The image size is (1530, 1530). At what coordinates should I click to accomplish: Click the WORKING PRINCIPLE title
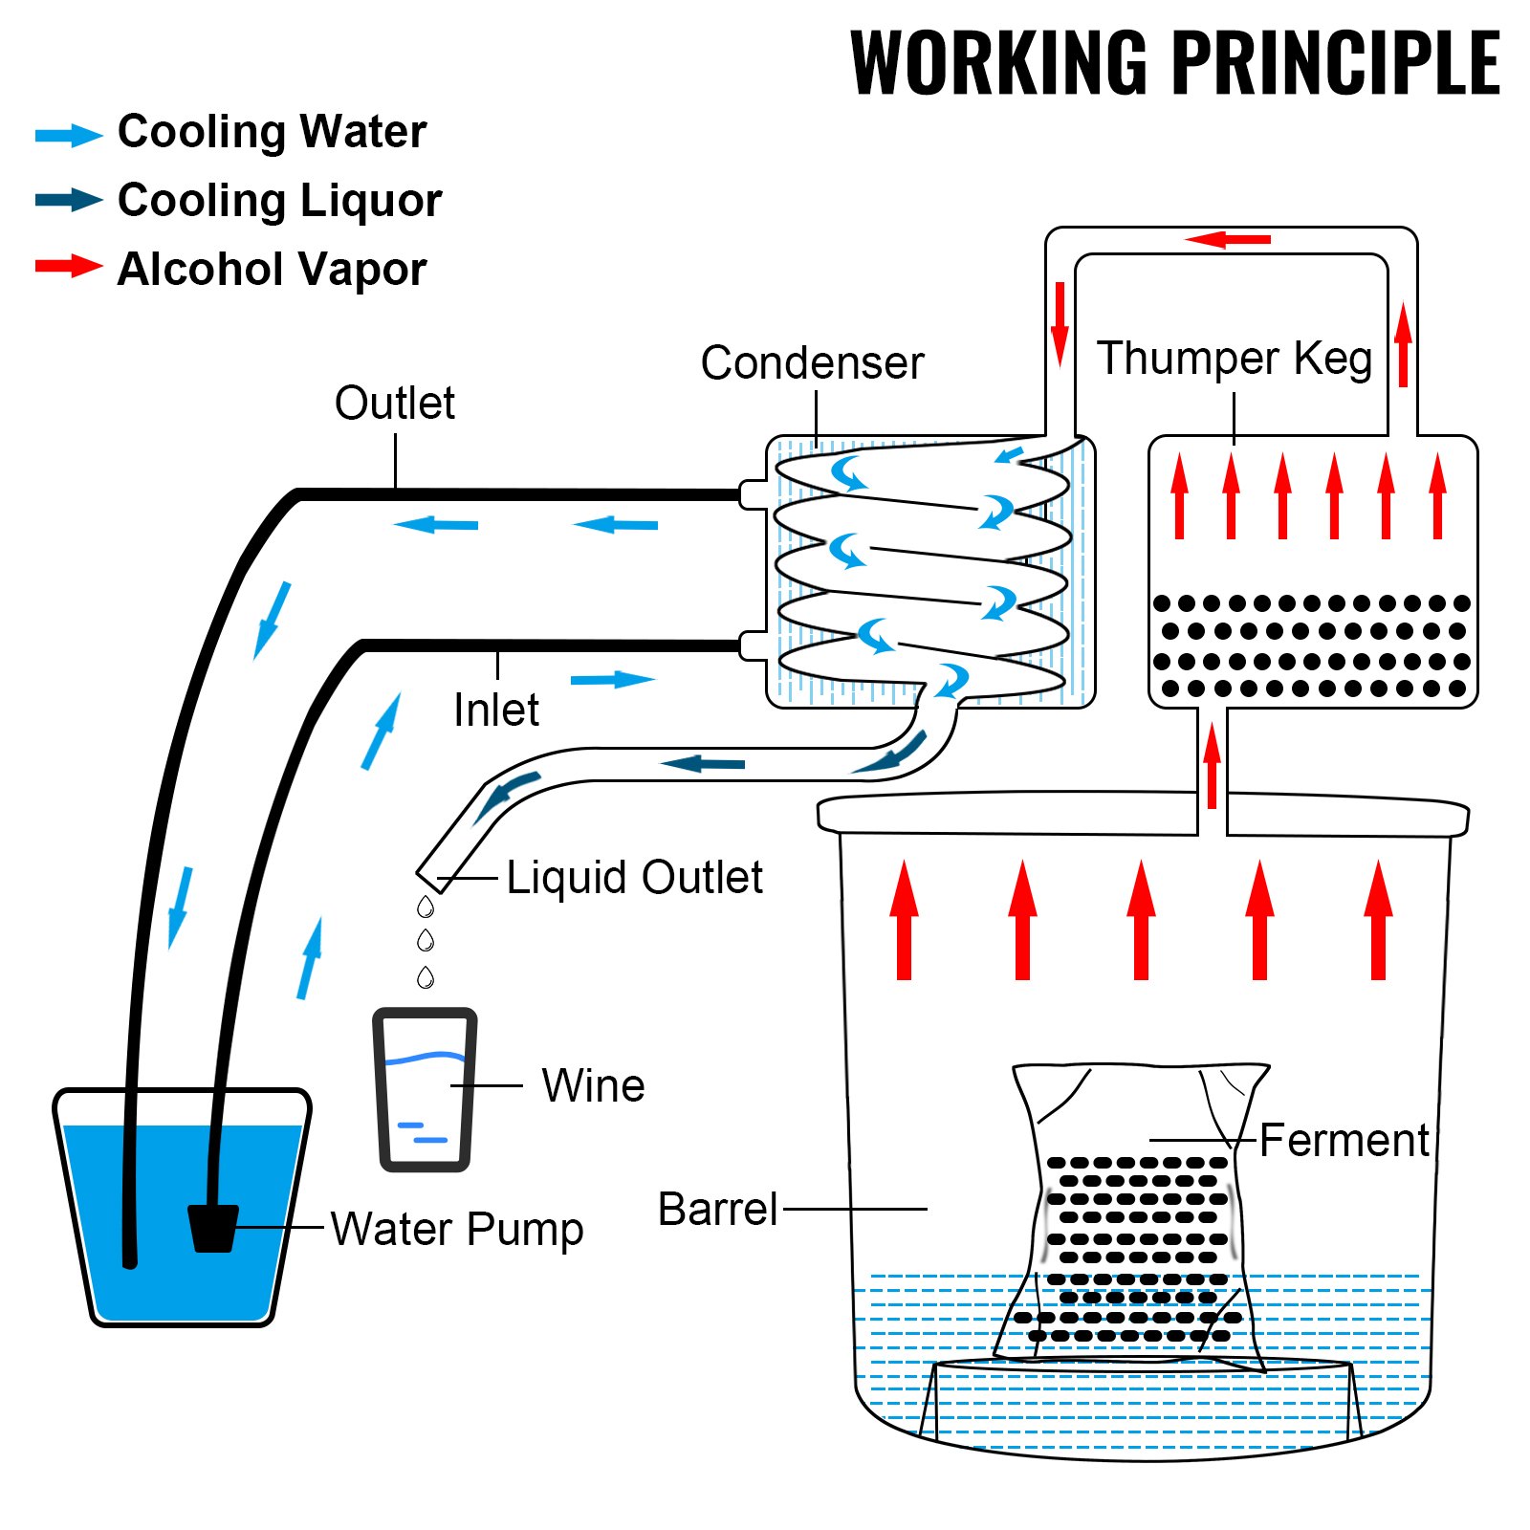click(x=1174, y=62)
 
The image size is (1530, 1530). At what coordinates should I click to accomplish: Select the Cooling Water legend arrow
click(x=69, y=135)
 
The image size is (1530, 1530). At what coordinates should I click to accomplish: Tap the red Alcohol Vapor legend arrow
click(x=69, y=266)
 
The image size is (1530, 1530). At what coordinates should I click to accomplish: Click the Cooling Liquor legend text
click(x=279, y=201)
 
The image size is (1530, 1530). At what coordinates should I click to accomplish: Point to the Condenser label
click(x=812, y=362)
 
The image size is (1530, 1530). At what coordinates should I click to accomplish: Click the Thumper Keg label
click(x=1234, y=359)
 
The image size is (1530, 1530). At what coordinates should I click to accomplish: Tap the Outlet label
click(x=394, y=403)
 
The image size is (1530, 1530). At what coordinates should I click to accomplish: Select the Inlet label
click(x=495, y=710)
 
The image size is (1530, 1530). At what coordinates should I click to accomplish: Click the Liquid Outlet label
click(x=634, y=877)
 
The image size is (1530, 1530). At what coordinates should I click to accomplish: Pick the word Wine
click(x=593, y=1085)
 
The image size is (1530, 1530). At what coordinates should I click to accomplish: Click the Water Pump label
click(x=457, y=1229)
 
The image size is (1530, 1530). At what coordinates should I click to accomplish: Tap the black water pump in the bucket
click(x=212, y=1228)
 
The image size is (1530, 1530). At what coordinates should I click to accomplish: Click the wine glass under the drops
click(x=425, y=1090)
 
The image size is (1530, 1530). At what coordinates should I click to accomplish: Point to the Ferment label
click(x=1344, y=1140)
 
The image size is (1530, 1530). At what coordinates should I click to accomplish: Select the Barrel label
click(x=717, y=1210)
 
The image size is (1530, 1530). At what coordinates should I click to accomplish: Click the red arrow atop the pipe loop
click(x=1228, y=239)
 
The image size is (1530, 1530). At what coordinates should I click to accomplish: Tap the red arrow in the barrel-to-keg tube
click(x=1212, y=765)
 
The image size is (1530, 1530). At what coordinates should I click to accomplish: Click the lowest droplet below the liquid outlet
click(x=426, y=977)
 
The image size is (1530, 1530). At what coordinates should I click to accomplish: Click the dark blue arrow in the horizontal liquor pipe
click(x=703, y=763)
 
